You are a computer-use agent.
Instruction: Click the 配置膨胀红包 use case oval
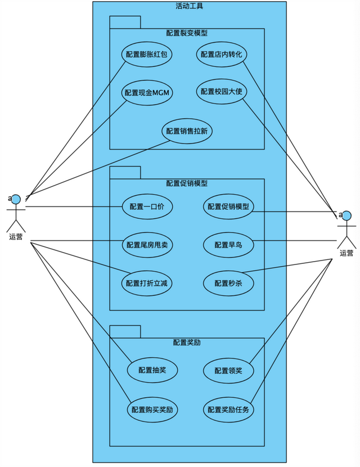click(x=147, y=55)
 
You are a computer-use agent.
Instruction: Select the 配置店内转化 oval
click(x=222, y=55)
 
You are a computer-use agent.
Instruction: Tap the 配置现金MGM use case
click(x=147, y=93)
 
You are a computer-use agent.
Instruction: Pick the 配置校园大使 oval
click(x=222, y=92)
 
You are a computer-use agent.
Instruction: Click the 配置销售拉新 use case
click(x=187, y=131)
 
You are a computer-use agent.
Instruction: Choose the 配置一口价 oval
click(x=147, y=206)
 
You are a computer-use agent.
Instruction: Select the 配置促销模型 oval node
click(x=228, y=206)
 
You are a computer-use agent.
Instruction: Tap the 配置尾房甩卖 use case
click(x=147, y=245)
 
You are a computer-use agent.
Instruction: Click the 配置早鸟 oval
click(x=228, y=245)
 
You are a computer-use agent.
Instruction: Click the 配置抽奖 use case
click(x=152, y=370)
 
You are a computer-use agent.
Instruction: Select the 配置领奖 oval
click(x=228, y=370)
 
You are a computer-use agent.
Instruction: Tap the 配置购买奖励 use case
click(x=152, y=410)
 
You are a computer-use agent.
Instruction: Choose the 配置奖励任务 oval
click(x=228, y=410)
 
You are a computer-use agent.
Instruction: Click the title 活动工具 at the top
click(x=190, y=6)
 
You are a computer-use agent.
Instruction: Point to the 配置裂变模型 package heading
click(x=187, y=33)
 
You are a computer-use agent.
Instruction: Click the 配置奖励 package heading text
click(x=187, y=342)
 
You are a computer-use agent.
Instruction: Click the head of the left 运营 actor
click(x=16, y=199)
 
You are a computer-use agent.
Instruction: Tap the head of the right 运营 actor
click(x=346, y=216)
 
